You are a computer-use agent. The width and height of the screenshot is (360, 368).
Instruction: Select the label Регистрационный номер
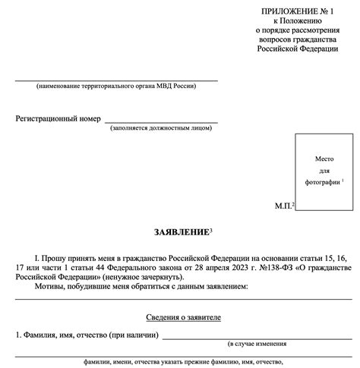(58, 119)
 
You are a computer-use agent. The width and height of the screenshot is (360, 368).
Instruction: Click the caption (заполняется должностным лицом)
(161, 130)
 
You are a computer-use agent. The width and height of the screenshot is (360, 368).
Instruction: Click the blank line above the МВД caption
(115, 80)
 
